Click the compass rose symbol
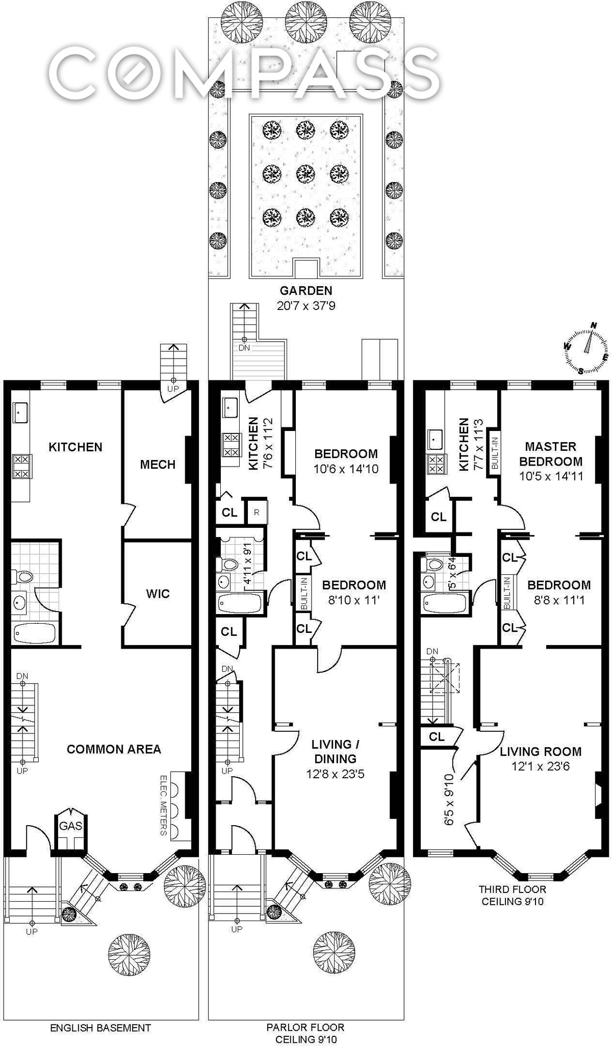pos(587,347)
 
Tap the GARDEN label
pos(306,291)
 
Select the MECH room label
pos(158,464)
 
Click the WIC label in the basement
pos(158,594)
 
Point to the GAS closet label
pos(70,826)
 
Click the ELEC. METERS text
pos(164,805)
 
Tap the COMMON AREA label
pos(114,749)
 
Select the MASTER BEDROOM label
pos(551,454)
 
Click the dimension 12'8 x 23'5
pos(335,774)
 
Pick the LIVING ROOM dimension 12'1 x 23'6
pos(541,766)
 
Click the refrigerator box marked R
pos(257,513)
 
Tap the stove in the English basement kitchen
pos(21,467)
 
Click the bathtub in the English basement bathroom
pos(34,633)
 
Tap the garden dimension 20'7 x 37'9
pos(306,306)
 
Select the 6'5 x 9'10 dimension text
pos(449,799)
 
